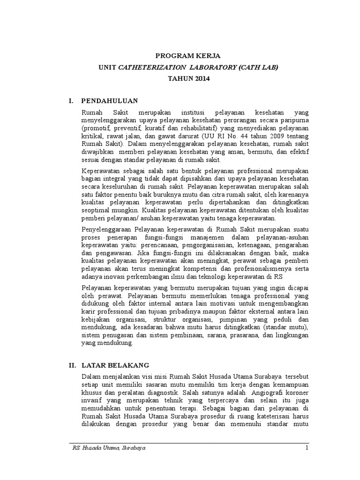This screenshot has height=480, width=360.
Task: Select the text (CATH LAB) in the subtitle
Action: point(257,67)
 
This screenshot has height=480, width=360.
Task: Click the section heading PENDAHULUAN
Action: point(109,101)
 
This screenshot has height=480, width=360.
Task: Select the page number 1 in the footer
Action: point(306,448)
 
